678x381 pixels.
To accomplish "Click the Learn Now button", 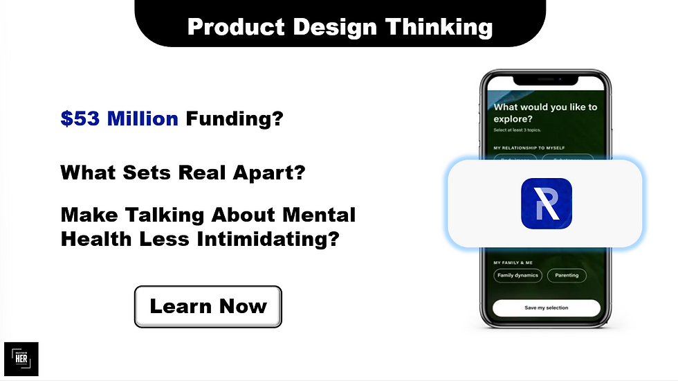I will [208, 307].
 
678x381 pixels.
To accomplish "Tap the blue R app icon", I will [546, 203].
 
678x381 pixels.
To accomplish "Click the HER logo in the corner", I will [21, 360].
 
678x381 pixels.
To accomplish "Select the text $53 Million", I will [119, 119].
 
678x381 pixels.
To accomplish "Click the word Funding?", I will [234, 119].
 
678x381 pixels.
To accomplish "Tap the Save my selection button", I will [546, 308].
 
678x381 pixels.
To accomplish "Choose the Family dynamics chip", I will [517, 275].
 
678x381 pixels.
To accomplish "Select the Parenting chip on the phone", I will [567, 275].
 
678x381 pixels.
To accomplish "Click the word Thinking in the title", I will [439, 27].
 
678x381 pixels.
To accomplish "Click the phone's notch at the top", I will [546, 78].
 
